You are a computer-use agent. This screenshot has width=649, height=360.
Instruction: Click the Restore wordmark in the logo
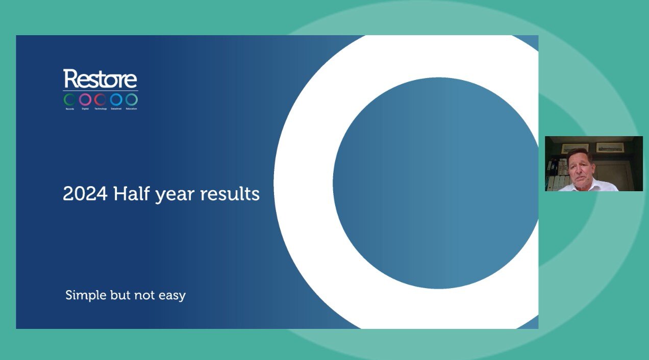pos(100,79)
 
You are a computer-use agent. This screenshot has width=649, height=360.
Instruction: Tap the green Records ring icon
pos(70,99)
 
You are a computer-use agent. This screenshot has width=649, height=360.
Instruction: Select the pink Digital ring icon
pos(85,99)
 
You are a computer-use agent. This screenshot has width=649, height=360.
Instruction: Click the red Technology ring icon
pos(101,99)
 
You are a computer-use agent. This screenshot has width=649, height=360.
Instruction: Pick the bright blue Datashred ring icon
pos(116,99)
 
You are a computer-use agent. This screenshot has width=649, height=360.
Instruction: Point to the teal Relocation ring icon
pos(132,99)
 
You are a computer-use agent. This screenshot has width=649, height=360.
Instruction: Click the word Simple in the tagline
pos(85,295)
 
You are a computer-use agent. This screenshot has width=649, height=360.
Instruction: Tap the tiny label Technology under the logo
pos(101,109)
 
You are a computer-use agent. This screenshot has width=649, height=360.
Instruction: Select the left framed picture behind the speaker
pos(568,148)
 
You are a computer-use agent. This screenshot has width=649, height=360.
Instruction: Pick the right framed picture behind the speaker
pos(610,147)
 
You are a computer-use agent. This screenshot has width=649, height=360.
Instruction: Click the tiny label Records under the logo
pos(70,109)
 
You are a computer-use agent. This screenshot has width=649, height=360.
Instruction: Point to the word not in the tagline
pos(144,295)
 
